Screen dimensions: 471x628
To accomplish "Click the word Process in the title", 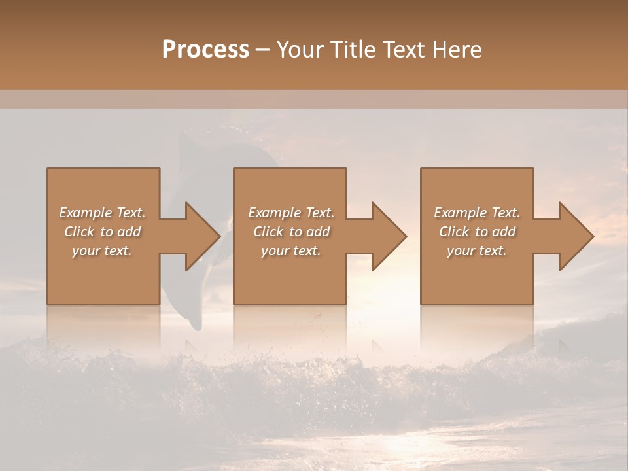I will tap(205, 50).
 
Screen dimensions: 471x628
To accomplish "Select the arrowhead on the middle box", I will tap(389, 236).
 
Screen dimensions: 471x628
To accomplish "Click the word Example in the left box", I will tap(85, 213).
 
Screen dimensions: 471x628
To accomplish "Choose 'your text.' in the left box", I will tap(102, 251).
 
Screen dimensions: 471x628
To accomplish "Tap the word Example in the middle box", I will tap(274, 213).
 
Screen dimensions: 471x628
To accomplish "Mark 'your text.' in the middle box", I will tap(290, 251).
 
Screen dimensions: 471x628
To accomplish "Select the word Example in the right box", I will tap(460, 213).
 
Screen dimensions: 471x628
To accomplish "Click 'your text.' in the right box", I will tap(476, 251).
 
